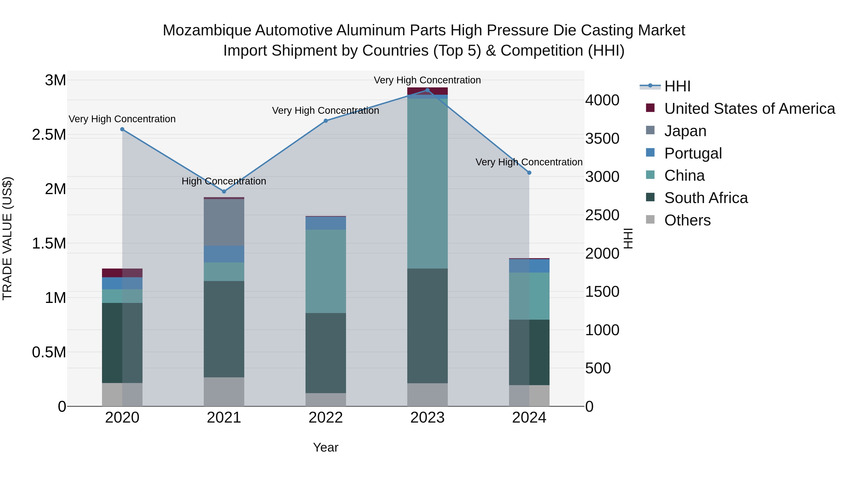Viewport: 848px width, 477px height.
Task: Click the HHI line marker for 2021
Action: click(224, 191)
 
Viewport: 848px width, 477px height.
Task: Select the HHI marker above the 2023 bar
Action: click(427, 90)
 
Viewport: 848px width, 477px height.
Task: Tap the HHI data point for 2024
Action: click(529, 172)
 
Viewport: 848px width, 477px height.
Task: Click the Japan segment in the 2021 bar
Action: click(224, 222)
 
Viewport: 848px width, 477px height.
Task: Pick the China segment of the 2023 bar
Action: click(427, 183)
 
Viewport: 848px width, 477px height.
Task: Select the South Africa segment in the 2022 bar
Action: click(326, 353)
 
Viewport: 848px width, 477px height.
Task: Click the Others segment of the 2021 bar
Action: click(224, 391)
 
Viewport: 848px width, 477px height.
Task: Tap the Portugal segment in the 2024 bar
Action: click(529, 266)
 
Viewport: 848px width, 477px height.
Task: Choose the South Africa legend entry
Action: click(705, 198)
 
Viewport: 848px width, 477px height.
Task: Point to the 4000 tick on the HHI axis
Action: click(602, 100)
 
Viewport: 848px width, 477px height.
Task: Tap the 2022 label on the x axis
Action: click(326, 418)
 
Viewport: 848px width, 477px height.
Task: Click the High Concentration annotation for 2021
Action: click(224, 181)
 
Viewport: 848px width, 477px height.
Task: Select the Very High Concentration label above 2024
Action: click(529, 162)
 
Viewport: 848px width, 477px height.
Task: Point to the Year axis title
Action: click(326, 447)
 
